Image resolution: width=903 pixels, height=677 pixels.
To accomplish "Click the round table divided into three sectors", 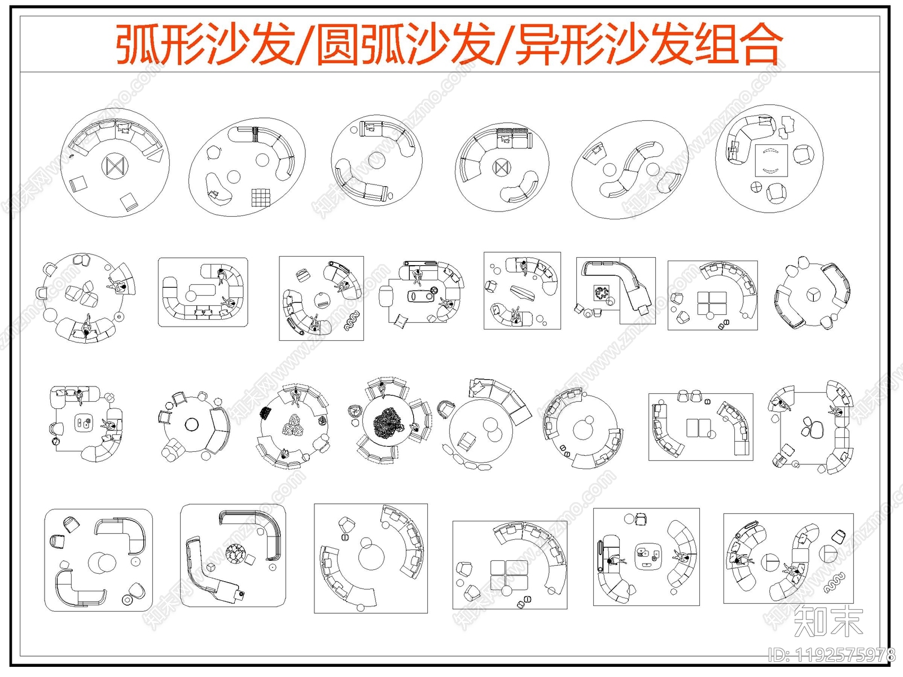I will pyautogui.click(x=812, y=293).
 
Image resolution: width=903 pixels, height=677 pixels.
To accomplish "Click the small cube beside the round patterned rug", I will pyautogui.click(x=211, y=567).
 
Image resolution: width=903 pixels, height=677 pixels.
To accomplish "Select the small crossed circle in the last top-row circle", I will pyautogui.click(x=756, y=187).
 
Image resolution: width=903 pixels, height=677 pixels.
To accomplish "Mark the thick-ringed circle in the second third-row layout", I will pyautogui.click(x=191, y=424).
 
